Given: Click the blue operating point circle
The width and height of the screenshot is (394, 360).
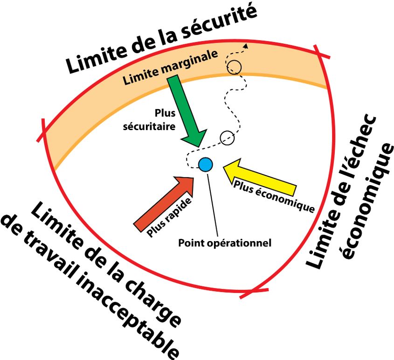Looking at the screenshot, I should [205, 164].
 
